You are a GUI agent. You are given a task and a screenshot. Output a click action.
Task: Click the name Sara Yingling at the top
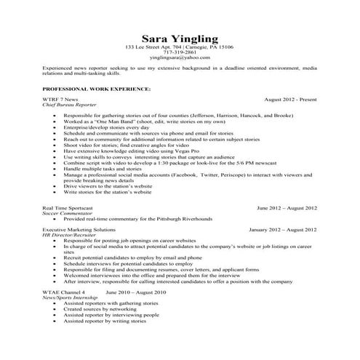click(179, 38)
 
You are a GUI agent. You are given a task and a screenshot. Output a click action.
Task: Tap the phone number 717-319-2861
click(179, 52)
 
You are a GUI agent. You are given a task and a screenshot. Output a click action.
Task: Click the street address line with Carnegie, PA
click(179, 47)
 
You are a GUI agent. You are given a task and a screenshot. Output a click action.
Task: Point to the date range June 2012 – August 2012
click(287, 209)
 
